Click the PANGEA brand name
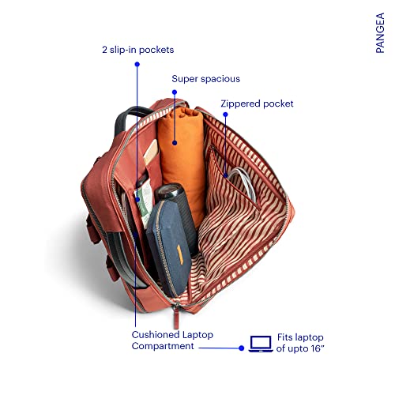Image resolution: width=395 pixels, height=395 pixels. pyautogui.click(x=380, y=33)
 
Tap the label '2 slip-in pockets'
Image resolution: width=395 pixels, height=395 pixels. pyautogui.click(x=138, y=50)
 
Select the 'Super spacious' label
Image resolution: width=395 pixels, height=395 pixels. pyautogui.click(x=206, y=79)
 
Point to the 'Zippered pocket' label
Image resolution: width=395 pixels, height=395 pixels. pyautogui.click(x=257, y=103)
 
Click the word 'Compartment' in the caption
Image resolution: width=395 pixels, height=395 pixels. pyautogui.click(x=163, y=346)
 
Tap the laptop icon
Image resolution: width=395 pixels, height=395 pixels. pyautogui.click(x=261, y=344)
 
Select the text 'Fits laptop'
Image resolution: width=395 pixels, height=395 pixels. pyautogui.click(x=300, y=337)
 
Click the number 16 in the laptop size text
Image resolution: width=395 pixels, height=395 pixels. pyautogui.click(x=315, y=348)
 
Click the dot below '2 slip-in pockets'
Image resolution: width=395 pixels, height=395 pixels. pyautogui.click(x=137, y=64)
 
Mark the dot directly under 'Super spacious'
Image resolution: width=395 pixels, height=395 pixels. pyautogui.click(x=175, y=92)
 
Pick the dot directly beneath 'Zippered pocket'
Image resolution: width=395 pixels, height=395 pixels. pyautogui.click(x=225, y=115)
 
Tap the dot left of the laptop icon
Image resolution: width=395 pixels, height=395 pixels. pyautogui.click(x=242, y=348)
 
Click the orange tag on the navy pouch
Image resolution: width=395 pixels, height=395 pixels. pyautogui.click(x=180, y=253)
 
